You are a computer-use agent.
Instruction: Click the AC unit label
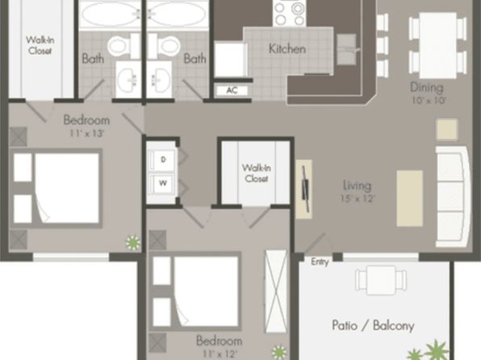232,90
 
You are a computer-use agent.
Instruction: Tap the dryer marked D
163,160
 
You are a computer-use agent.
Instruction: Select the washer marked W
163,183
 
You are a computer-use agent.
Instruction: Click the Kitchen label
287,48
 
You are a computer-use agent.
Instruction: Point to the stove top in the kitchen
289,13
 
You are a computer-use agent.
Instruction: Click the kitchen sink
347,49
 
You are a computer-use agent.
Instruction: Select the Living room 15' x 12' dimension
358,199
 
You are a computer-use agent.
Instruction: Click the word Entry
320,262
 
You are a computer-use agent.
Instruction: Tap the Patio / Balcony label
373,325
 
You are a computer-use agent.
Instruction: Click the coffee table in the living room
409,199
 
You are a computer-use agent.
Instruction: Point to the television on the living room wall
306,188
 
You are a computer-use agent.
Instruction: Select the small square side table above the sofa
447,129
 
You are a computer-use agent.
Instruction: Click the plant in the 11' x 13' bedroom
133,242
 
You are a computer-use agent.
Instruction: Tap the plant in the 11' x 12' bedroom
279,352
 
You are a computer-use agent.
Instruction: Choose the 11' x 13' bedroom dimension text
86,134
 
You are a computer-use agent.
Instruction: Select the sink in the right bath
159,79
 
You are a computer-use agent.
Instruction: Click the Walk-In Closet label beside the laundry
256,173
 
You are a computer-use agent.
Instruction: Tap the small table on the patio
381,278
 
